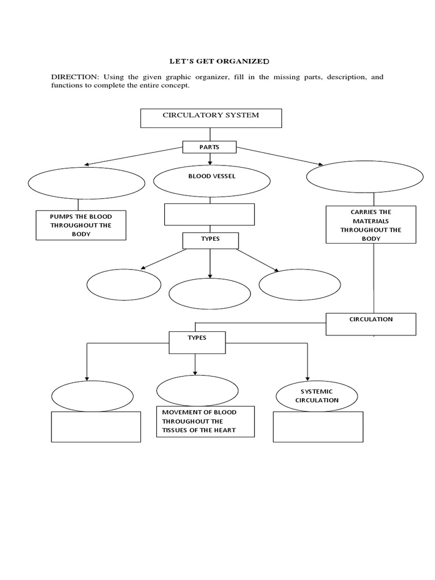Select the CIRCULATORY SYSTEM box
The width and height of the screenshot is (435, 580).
click(211, 118)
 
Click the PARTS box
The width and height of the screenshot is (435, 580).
click(210, 147)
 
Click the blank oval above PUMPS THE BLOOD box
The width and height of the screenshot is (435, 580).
click(86, 182)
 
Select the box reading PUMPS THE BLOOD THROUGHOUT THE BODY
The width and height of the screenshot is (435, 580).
click(81, 225)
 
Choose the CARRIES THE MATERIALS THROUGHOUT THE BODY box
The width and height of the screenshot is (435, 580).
click(371, 225)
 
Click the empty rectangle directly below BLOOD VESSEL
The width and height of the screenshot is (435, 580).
click(210, 214)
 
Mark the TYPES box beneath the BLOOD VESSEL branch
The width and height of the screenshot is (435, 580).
click(210, 240)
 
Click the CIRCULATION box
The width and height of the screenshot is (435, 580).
click(371, 323)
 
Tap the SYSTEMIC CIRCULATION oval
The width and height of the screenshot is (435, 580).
click(316, 396)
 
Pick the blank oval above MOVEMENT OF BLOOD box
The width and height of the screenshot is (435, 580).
click(197, 390)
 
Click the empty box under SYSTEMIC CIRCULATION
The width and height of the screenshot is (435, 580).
click(318, 427)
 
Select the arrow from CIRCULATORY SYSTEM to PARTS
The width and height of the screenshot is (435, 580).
click(210, 135)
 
